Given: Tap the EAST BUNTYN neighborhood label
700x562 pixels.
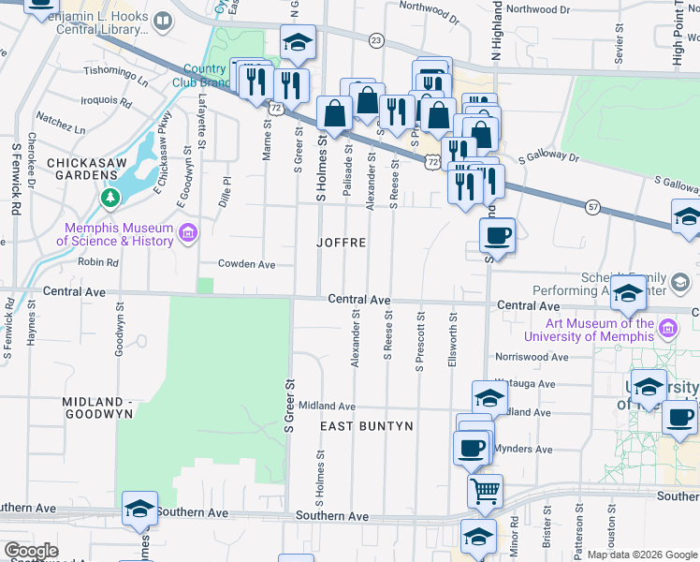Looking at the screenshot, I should (367, 426).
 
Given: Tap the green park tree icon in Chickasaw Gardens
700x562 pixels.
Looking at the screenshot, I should (110, 198).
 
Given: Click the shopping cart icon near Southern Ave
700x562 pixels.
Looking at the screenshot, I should (485, 490).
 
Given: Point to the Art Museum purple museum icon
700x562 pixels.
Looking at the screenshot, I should (667, 329).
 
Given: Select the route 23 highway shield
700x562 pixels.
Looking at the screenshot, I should (376, 39).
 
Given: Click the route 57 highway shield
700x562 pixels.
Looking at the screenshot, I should (593, 205).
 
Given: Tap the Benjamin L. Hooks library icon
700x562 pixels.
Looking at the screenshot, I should (163, 20).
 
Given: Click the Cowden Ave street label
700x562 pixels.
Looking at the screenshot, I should (246, 264).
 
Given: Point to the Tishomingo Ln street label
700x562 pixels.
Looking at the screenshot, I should (116, 76).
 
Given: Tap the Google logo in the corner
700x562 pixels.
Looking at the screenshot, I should (31, 551).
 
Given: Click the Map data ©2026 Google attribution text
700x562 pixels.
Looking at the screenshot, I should (642, 555).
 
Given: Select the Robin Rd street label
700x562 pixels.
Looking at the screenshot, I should (98, 263).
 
